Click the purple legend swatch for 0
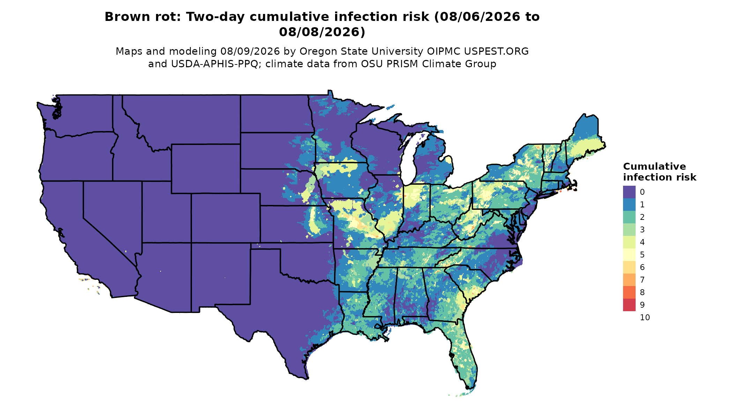pyautogui.click(x=629, y=192)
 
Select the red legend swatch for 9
pyautogui.click(x=629, y=305)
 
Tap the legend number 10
pyautogui.click(x=645, y=317)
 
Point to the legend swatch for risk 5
pyautogui.click(x=629, y=255)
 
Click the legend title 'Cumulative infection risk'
pyautogui.click(x=659, y=172)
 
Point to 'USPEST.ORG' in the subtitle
pyautogui.click(x=496, y=52)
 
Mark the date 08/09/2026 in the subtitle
pyautogui.click(x=250, y=52)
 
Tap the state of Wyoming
pyautogui.click(x=206, y=169)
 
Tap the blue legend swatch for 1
pyautogui.click(x=629, y=205)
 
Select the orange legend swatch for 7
pyautogui.click(x=629, y=280)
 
